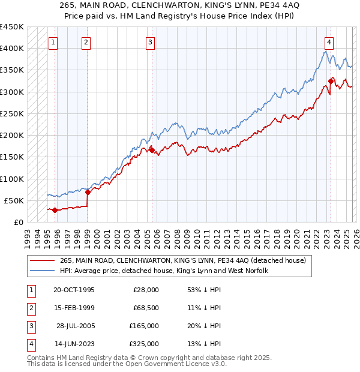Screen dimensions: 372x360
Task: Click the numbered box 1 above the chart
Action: (x=54, y=42)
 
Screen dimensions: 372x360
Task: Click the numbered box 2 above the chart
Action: (x=86, y=42)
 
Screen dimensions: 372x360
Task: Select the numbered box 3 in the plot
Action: (x=149, y=42)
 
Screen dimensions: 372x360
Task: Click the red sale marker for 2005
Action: (x=152, y=150)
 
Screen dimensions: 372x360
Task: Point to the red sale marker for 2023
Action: (x=331, y=80)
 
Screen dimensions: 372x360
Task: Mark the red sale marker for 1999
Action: (x=88, y=192)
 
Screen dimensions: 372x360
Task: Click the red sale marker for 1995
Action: (x=55, y=210)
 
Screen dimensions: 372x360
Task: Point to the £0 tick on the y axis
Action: (x=18, y=222)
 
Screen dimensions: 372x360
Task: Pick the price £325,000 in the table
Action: (x=144, y=344)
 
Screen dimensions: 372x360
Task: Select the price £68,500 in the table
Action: (x=146, y=308)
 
